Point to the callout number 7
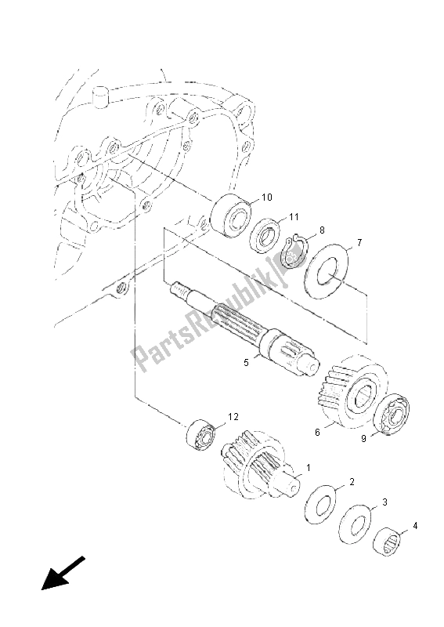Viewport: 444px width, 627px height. point(358,243)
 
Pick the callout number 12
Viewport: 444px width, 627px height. point(233,416)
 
